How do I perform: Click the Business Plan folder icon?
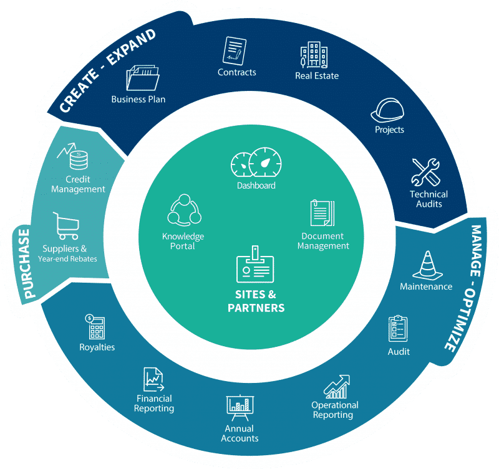[142, 78]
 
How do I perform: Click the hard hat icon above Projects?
[387, 110]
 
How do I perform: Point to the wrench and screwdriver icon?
[427, 172]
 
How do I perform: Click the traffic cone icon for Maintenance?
[426, 265]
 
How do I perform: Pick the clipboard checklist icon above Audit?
[398, 328]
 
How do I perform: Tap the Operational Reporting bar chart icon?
[336, 387]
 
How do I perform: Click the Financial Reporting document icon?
[153, 378]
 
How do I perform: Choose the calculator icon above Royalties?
[95, 326]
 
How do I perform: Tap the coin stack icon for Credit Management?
[75, 158]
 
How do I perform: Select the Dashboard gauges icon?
[256, 164]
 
